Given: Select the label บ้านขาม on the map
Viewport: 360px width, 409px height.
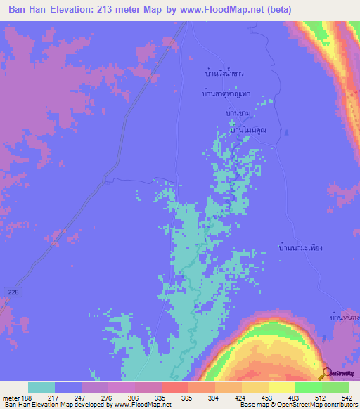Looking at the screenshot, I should [x=238, y=112].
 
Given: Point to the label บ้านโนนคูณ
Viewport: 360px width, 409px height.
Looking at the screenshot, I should [x=248, y=129].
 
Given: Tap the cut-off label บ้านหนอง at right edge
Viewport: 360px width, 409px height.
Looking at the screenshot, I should [x=345, y=318].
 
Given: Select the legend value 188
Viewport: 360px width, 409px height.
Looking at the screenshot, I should [x=28, y=397].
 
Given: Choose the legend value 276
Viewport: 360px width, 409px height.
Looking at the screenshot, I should [x=108, y=397].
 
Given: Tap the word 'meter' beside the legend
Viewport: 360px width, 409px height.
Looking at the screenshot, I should [x=11, y=397].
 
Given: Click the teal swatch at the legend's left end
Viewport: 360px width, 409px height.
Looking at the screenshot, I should [x=41, y=387].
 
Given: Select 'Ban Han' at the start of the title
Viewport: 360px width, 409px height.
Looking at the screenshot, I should [x=27, y=11].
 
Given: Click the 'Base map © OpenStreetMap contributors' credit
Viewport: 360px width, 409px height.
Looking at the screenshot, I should [x=298, y=405].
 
